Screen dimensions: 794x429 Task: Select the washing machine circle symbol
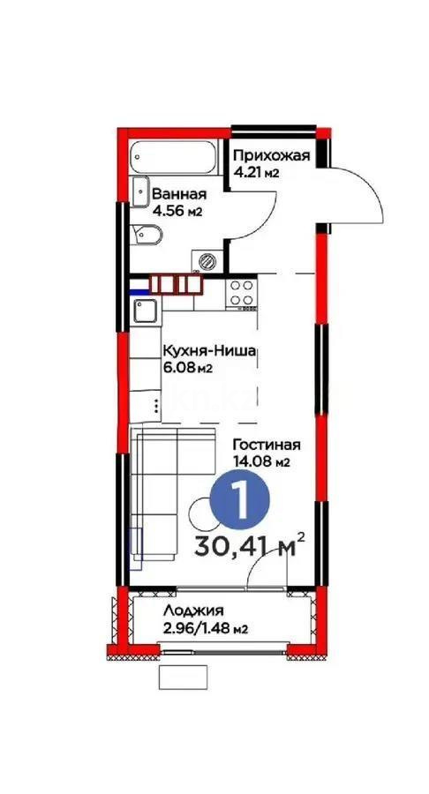click(x=208, y=260)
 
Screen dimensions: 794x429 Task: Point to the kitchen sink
click(x=145, y=311)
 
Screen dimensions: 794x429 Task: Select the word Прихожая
click(x=272, y=156)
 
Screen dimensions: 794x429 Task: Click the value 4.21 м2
click(x=256, y=173)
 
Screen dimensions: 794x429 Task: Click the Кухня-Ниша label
click(x=208, y=351)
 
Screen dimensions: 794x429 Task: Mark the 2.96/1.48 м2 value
click(x=204, y=628)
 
